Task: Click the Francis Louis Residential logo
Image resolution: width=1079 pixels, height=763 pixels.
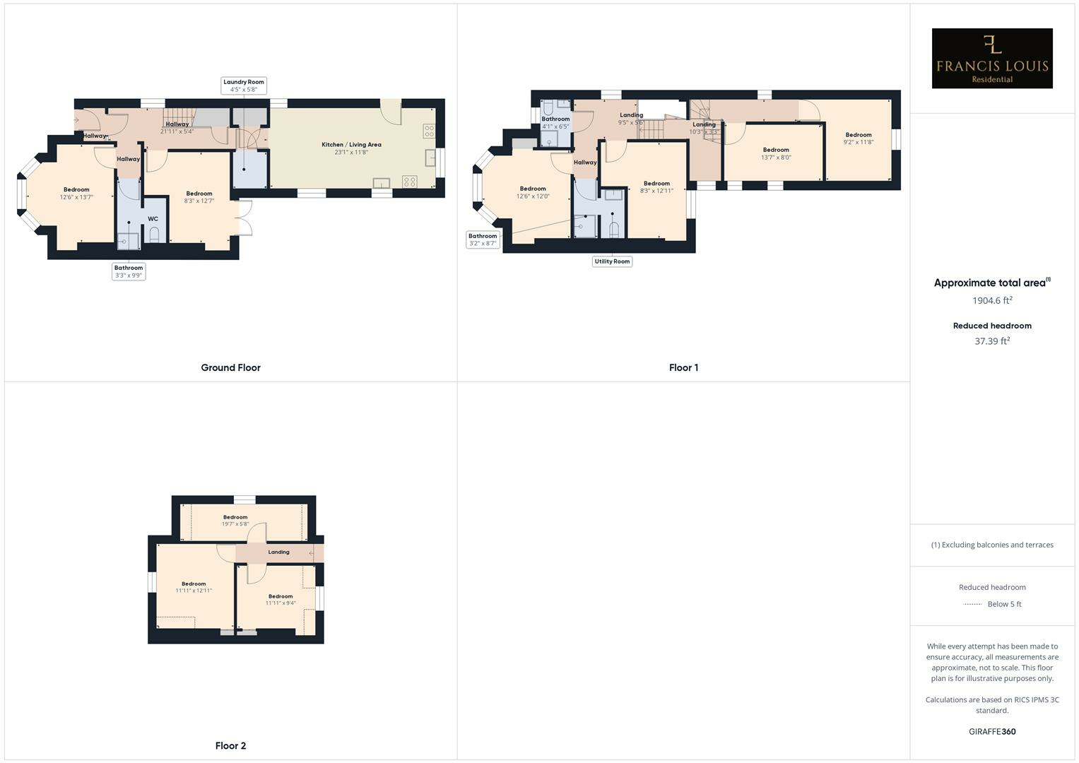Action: (991, 59)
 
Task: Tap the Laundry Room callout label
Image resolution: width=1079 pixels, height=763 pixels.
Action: (244, 85)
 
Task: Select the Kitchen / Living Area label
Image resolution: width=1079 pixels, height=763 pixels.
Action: (351, 148)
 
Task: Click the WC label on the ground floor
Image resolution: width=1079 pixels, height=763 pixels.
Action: (153, 219)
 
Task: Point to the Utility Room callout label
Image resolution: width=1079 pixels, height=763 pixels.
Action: (612, 261)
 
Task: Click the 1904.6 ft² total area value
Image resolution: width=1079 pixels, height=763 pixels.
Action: (992, 300)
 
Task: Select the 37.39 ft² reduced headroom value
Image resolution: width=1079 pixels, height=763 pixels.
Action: (992, 341)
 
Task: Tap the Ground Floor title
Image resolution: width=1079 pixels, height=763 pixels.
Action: (230, 367)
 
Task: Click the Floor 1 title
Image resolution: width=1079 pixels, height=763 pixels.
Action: (683, 367)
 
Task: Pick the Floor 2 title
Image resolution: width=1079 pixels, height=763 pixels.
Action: (230, 745)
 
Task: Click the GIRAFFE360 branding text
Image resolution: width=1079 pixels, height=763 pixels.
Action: (992, 731)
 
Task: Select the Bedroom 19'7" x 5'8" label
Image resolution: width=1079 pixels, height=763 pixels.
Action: (235, 521)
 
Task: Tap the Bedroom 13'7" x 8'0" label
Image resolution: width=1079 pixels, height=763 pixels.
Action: (776, 153)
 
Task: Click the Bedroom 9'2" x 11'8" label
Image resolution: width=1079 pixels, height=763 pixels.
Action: (859, 138)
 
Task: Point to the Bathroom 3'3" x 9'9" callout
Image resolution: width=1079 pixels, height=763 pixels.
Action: (129, 271)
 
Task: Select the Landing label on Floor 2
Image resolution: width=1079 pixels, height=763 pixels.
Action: (278, 552)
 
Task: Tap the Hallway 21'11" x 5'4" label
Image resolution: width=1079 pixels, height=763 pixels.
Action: (177, 128)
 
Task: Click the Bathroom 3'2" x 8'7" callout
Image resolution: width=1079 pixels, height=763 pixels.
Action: (483, 239)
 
